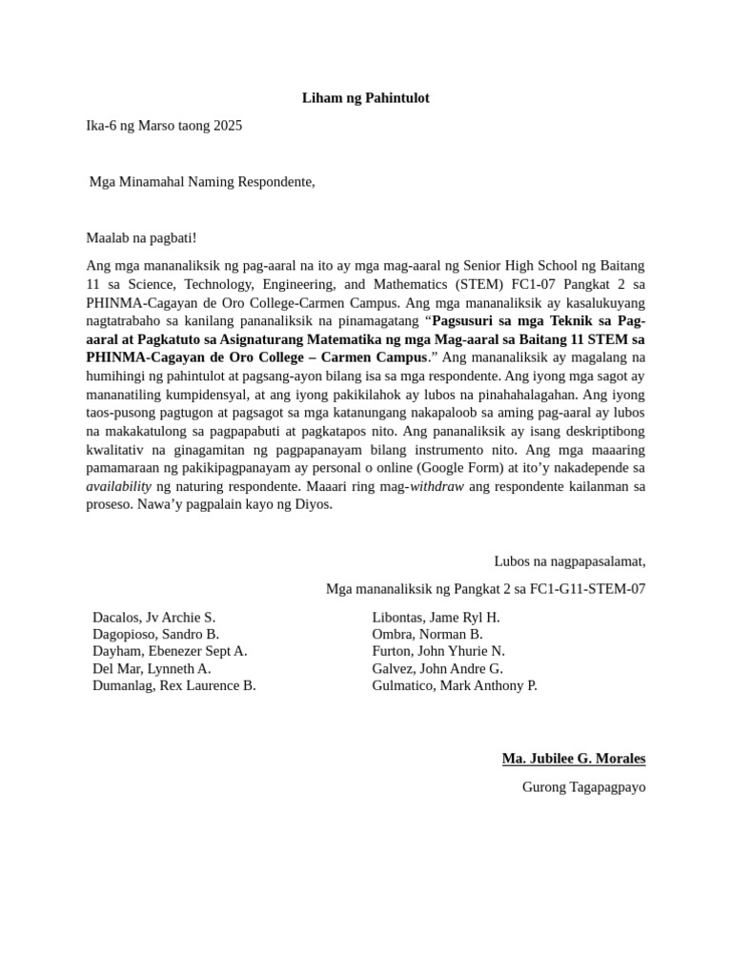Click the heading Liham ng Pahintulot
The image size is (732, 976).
click(365, 97)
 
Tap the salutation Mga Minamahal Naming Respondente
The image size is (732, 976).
click(201, 181)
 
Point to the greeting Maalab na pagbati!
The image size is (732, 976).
click(141, 236)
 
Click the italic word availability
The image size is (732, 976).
click(119, 486)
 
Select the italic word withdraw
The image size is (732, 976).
click(437, 486)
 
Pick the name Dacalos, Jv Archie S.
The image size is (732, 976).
click(153, 617)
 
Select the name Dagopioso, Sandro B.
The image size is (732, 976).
click(155, 634)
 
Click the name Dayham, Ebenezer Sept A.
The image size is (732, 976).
click(170, 651)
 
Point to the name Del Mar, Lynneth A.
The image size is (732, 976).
click(152, 668)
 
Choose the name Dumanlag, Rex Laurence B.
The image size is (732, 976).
click(173, 685)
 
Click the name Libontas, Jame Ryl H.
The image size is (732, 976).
click(436, 617)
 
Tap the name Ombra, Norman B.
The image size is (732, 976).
click(427, 634)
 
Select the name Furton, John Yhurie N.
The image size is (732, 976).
click(438, 651)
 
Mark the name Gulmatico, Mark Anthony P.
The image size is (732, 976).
click(455, 685)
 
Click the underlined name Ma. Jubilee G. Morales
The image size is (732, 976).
click(574, 759)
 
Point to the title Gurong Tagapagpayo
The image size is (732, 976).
click(583, 787)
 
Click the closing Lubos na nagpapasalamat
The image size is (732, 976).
click(569, 561)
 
